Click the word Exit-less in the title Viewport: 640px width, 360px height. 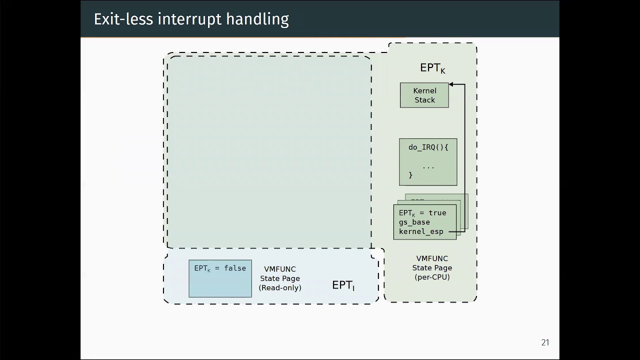click(123, 19)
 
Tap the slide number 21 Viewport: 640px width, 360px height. click(545, 342)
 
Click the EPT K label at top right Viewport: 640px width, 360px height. click(432, 68)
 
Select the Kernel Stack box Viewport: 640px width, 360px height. click(424, 95)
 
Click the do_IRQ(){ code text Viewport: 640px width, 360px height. click(428, 147)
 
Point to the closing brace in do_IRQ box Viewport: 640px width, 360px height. click(410, 175)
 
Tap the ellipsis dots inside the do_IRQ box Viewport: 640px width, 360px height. click(428, 166)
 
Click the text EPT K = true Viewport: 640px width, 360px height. click(422, 213)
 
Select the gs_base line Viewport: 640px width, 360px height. click(414, 222)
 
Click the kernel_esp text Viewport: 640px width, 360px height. click(421, 231)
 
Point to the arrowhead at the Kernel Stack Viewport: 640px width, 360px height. click(451, 84)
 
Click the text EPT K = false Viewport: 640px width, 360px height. click(220, 268)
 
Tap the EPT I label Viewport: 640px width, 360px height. click(343, 285)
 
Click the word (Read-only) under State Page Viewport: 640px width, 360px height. click(280, 287)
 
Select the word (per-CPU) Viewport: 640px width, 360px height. click(432, 276)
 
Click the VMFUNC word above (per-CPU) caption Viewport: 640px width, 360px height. click(432, 258)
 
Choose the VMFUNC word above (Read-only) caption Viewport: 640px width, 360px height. click(280, 269)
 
